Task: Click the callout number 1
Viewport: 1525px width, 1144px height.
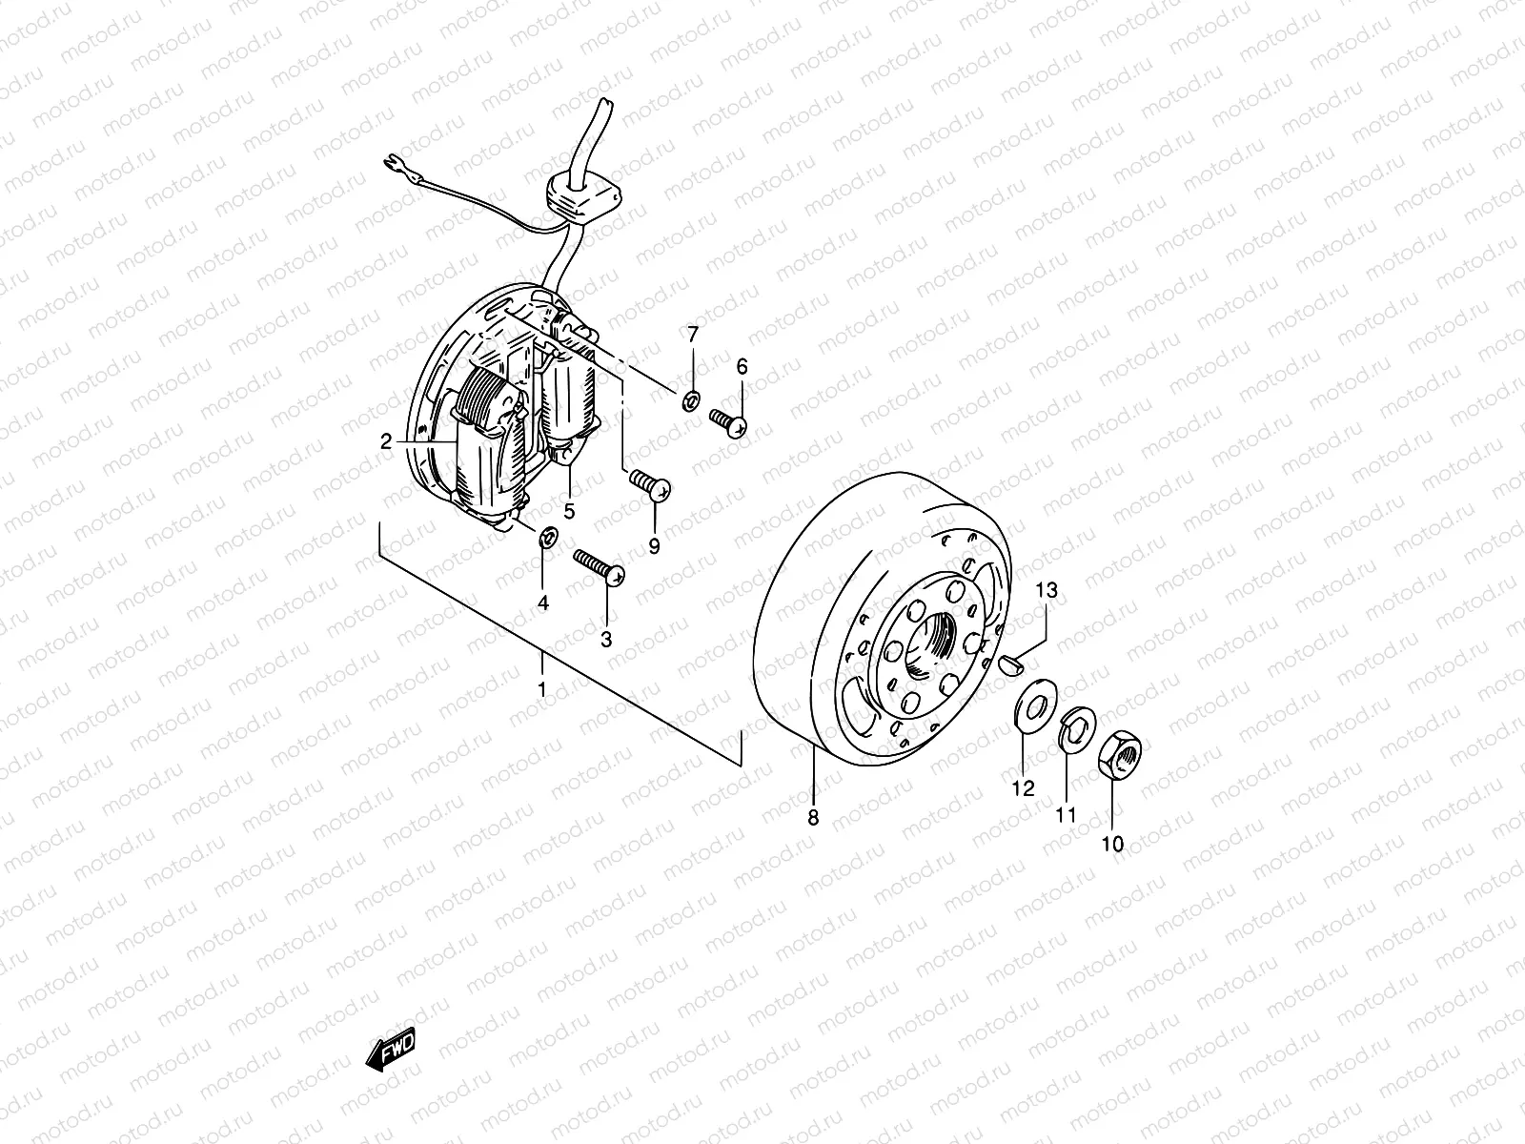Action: [541, 688]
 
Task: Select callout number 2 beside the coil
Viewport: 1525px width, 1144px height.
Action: [386, 441]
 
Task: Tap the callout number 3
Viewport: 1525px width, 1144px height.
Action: [606, 640]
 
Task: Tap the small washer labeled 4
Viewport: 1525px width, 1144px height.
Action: [547, 538]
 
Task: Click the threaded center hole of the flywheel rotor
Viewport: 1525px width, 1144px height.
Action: [929, 645]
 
